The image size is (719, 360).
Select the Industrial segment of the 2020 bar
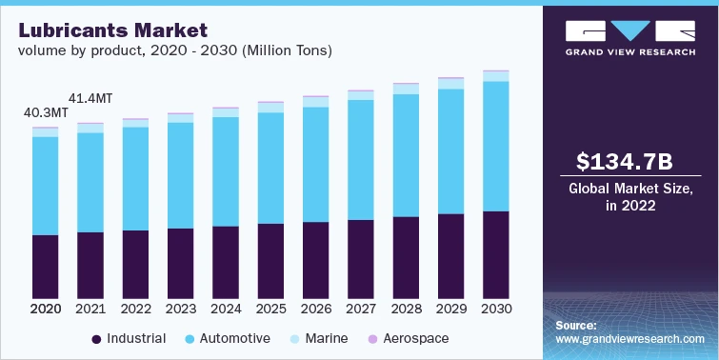[46, 266]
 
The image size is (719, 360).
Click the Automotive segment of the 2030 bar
[496, 146]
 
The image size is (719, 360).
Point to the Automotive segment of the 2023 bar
[181, 175]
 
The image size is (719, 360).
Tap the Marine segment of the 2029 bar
[451, 84]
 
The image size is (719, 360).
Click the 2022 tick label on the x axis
[135, 310]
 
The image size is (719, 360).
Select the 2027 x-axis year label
[361, 310]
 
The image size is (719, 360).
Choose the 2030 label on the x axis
[496, 310]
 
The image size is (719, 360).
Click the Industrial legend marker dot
[96, 339]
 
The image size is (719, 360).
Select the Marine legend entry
[320, 339]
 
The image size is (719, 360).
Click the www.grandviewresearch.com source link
[629, 339]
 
